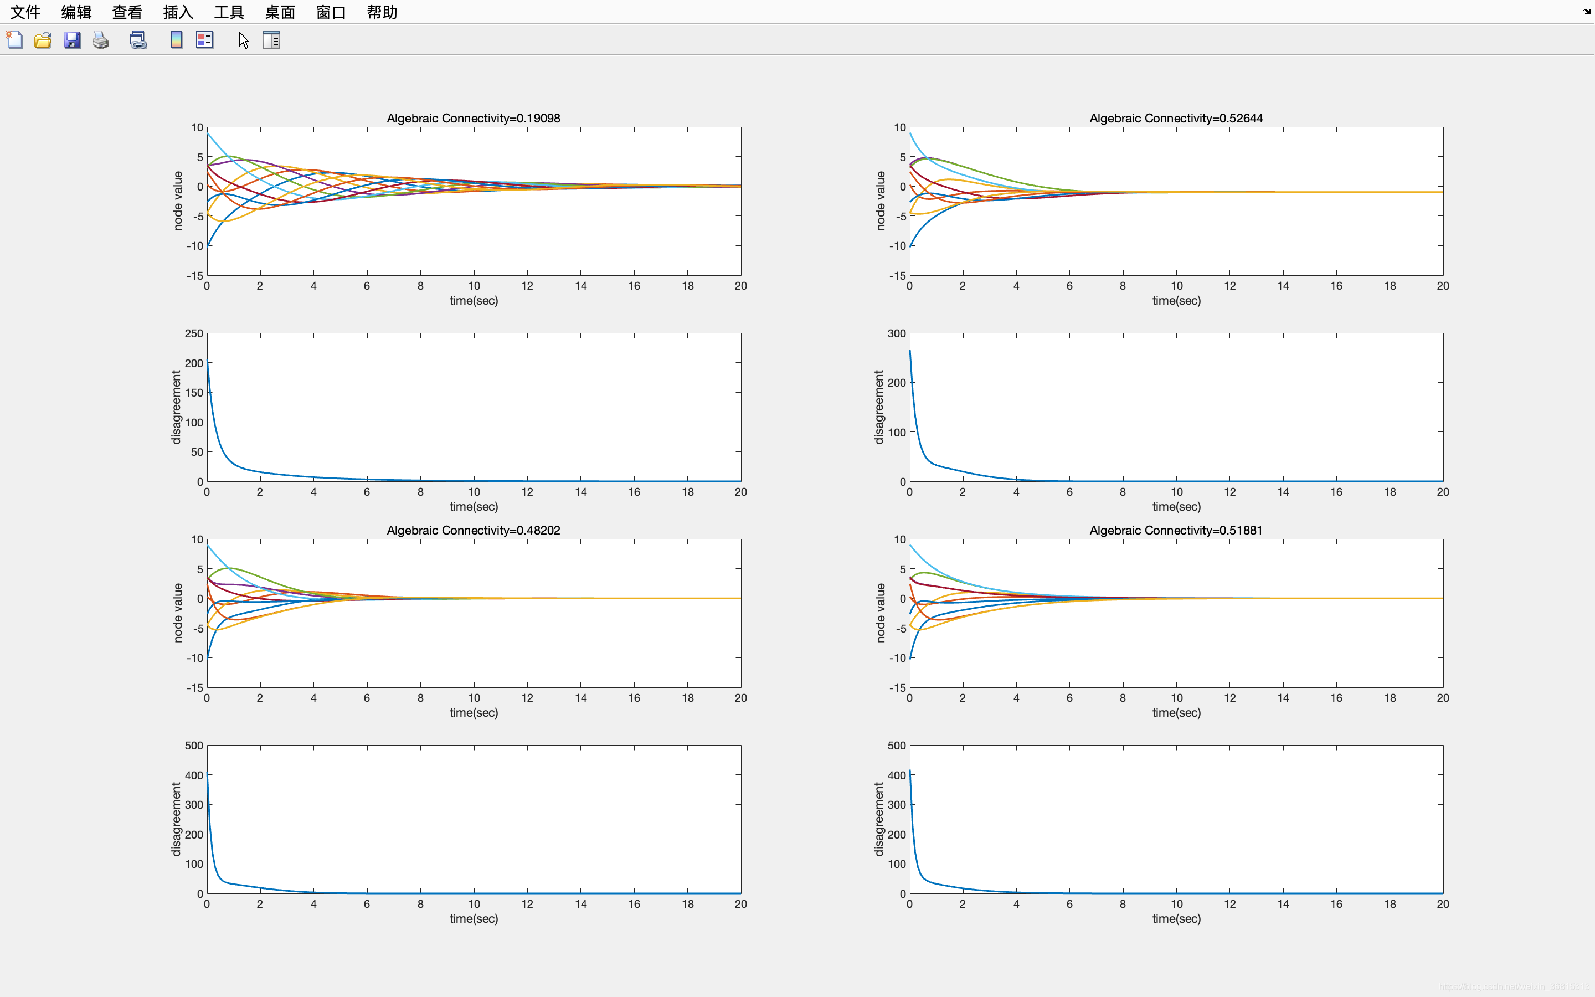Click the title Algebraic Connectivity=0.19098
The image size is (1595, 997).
pyautogui.click(x=473, y=118)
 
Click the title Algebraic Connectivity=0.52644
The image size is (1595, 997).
pyautogui.click(x=1176, y=118)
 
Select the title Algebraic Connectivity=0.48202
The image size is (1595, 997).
pyautogui.click(x=473, y=530)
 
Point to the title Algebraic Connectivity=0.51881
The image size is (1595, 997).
pyautogui.click(x=1176, y=530)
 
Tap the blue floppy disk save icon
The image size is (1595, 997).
pyautogui.click(x=72, y=40)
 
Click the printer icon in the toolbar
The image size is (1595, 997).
pyautogui.click(x=101, y=40)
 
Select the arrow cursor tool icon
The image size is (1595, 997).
pyautogui.click(x=243, y=40)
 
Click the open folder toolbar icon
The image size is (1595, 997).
pyautogui.click(x=43, y=40)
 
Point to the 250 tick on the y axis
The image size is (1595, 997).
pyautogui.click(x=194, y=333)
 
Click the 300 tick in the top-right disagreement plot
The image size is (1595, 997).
pyautogui.click(x=897, y=333)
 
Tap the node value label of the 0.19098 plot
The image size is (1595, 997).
pyautogui.click(x=178, y=201)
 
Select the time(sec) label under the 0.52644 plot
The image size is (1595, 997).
pyautogui.click(x=1176, y=301)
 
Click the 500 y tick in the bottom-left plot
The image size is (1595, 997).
pyautogui.click(x=194, y=746)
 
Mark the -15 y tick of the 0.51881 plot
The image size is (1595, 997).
pyautogui.click(x=897, y=688)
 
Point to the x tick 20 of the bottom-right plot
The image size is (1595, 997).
pyautogui.click(x=1443, y=904)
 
